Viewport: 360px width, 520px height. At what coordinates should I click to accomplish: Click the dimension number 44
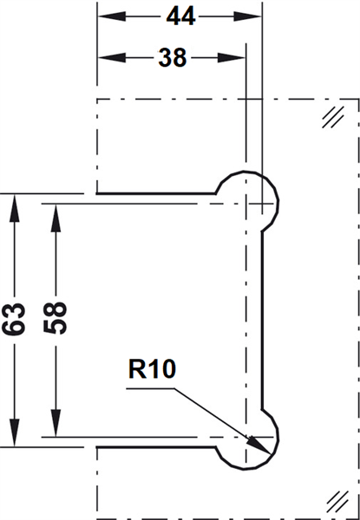[x=180, y=16]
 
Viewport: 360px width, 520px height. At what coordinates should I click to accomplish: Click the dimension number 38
[x=173, y=58]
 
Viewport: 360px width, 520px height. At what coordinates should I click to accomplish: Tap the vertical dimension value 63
[x=14, y=318]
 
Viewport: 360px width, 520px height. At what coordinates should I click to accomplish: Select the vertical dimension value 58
[x=56, y=317]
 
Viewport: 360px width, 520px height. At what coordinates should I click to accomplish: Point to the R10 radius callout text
[x=152, y=369]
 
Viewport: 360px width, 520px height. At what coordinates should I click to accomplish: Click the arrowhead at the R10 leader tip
[x=259, y=445]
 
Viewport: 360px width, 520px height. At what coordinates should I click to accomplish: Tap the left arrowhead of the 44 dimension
[x=112, y=16]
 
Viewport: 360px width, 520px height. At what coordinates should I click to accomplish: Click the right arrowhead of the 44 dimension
[x=247, y=16]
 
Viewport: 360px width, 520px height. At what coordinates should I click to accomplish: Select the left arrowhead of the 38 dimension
[x=112, y=58]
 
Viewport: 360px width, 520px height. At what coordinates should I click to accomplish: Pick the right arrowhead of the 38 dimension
[x=231, y=58]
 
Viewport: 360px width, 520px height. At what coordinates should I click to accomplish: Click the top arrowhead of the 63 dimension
[x=14, y=208]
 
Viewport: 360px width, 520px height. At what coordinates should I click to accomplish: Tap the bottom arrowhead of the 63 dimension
[x=14, y=432]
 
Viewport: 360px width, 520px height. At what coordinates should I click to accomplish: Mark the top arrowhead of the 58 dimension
[x=56, y=218]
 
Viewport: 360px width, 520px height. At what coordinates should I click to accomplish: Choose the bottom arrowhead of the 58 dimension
[x=56, y=423]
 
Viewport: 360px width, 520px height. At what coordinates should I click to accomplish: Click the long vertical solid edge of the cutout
[x=262, y=321]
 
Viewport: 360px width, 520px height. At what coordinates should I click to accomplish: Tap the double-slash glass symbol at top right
[x=333, y=117]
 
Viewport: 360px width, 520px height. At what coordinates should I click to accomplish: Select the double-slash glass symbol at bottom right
[x=337, y=502]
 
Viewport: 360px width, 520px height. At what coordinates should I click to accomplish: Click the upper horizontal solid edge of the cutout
[x=156, y=193]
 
